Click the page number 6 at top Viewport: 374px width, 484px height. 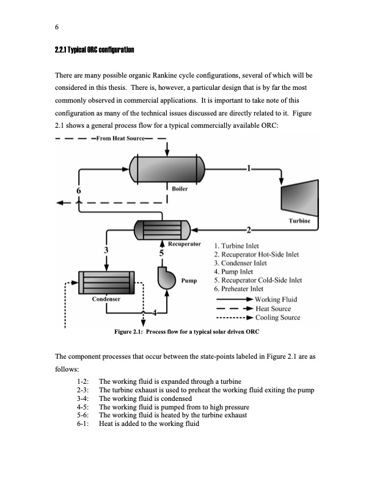tap(57, 27)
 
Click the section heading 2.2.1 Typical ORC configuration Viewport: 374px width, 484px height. tap(95, 49)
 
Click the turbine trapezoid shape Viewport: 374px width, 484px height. tap(300, 195)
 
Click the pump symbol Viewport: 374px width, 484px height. tap(166, 278)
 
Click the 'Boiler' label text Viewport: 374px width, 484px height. tap(180, 189)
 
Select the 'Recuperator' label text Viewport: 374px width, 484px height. tap(184, 243)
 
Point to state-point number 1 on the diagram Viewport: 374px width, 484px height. tap(248, 167)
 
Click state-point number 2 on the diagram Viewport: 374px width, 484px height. tap(248, 230)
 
